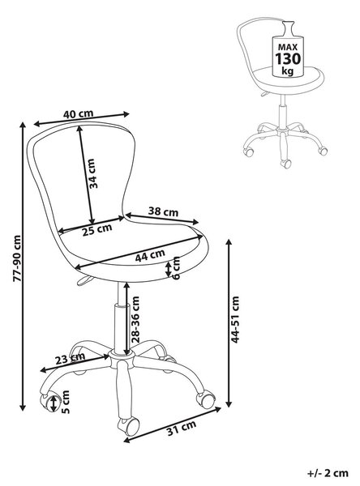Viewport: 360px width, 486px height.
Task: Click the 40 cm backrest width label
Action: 78,113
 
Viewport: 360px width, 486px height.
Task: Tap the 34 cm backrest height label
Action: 93,173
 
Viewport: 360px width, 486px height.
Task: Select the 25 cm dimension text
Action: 97,230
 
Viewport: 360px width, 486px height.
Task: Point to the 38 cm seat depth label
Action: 163,211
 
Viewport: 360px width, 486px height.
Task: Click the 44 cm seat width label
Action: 150,255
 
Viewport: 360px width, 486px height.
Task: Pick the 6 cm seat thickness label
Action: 176,268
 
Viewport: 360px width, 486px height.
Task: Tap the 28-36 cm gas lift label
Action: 135,319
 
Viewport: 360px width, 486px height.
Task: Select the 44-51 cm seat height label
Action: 235,319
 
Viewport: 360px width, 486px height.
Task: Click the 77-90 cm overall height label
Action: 17,258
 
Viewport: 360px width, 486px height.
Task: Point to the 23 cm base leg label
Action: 70,359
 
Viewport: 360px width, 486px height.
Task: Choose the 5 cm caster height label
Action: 66,402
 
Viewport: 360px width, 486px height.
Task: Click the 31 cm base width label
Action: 182,428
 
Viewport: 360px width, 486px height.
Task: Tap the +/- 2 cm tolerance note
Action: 328,473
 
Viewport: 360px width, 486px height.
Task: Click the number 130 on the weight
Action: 288,59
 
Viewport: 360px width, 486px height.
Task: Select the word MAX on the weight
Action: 288,47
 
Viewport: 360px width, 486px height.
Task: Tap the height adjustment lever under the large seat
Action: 84,280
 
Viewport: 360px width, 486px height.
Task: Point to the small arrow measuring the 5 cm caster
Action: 54,403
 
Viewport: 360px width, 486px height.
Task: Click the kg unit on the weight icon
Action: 287,71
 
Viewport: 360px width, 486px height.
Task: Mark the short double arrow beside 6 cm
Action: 168,269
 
